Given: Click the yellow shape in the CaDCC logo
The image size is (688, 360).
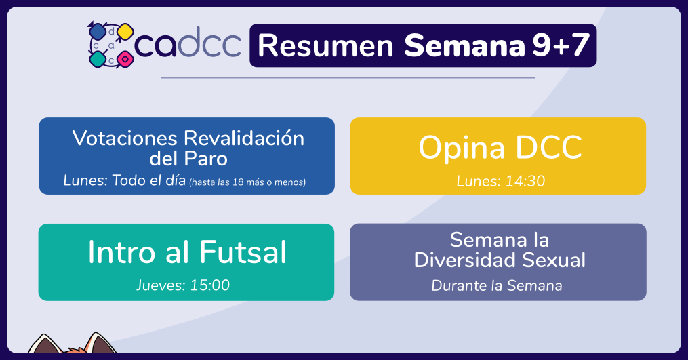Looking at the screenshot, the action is (x=125, y=32).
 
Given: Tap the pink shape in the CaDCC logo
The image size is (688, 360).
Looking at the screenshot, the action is (x=125, y=58).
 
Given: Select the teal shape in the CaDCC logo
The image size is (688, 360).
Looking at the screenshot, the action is (x=98, y=59).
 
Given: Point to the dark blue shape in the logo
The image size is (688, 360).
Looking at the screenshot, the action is (x=98, y=31).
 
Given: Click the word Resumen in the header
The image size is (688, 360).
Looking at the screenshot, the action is (x=325, y=45).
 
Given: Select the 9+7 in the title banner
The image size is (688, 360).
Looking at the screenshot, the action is (x=561, y=45).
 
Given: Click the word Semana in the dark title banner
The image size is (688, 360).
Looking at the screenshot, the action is (x=464, y=45).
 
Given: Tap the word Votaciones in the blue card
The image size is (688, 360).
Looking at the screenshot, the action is (x=125, y=138).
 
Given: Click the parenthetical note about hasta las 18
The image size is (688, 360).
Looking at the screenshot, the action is (x=247, y=182).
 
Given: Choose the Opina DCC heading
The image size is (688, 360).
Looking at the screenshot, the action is (x=500, y=148).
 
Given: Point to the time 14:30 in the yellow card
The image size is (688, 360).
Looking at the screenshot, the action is (x=525, y=181).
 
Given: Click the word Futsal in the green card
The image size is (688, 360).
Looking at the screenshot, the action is (x=243, y=252).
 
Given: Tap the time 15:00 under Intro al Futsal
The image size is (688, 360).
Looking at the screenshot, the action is (x=209, y=285).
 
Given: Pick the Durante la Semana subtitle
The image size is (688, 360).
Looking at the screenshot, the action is (x=497, y=286).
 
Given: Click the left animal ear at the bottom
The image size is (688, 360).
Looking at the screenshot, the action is (x=44, y=344).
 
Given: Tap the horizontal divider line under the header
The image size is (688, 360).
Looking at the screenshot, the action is (x=348, y=78).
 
